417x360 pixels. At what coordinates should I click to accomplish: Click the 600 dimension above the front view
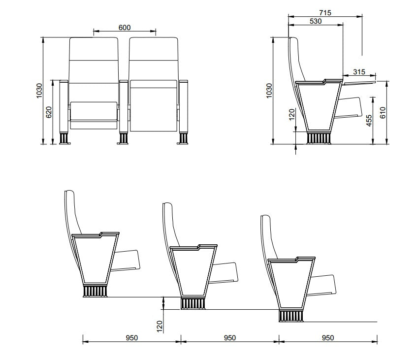point(125,28)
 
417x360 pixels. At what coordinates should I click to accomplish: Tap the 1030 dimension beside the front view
point(39,91)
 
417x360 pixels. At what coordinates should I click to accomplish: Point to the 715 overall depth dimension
point(325,12)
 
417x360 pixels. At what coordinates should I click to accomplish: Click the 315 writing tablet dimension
point(359,72)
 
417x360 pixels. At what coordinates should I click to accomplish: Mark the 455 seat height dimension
point(369,121)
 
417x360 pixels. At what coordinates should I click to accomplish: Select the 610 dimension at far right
point(382,113)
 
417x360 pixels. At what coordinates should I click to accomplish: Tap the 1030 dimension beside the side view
point(269,91)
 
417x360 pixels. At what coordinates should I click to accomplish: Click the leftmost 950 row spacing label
point(131,338)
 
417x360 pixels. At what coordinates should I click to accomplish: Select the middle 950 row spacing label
point(229,338)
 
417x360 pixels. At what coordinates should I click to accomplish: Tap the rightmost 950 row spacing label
point(327,338)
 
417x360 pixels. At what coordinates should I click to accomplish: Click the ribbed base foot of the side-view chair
point(319,138)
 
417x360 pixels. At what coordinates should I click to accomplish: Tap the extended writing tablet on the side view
point(359,81)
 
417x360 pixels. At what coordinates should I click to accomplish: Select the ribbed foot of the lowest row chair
point(291,316)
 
